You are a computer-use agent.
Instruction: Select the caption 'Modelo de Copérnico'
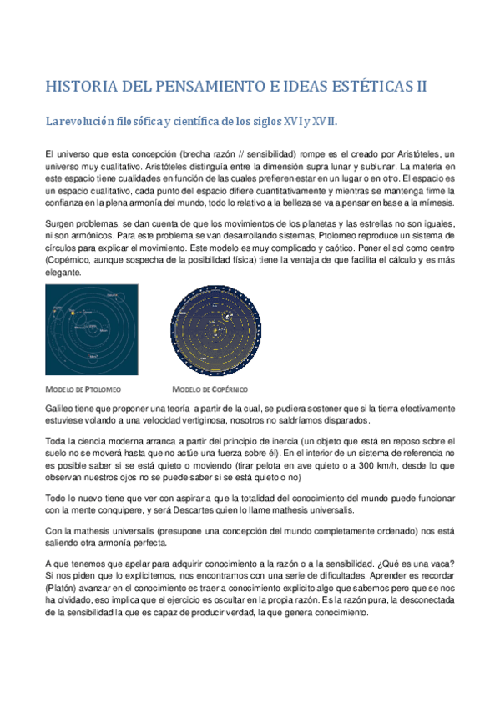pos(210,389)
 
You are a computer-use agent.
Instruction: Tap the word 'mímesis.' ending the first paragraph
pos(434,203)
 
